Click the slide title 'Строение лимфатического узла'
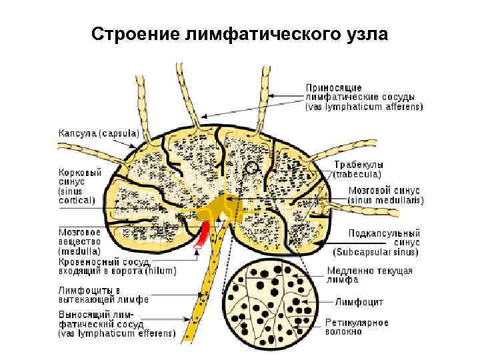click(x=239, y=33)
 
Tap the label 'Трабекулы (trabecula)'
click(x=358, y=169)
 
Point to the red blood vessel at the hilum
click(x=202, y=235)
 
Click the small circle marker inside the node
click(x=251, y=168)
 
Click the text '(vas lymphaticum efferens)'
click(x=117, y=334)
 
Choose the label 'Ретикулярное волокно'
click(x=356, y=327)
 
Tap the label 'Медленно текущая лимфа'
click(x=369, y=275)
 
